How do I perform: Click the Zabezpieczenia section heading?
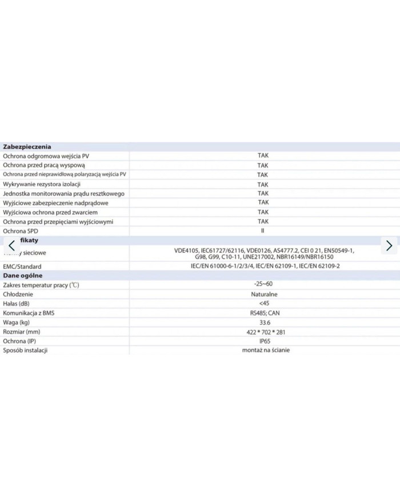point(27,146)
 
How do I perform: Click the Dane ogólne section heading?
point(22,276)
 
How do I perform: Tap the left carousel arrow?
point(11,245)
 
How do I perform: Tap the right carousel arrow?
point(389,245)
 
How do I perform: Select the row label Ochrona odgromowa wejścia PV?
point(46,156)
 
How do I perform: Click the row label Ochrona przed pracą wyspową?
point(44,165)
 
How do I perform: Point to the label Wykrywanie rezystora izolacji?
point(42,184)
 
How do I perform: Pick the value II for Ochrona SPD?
point(263,230)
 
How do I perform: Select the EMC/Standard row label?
point(22,267)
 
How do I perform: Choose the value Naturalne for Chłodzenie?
point(263,294)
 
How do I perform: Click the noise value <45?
point(263,303)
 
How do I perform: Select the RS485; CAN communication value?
point(263,313)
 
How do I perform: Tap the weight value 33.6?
point(263,322)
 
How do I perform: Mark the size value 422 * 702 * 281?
point(263,332)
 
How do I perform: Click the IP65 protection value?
point(263,341)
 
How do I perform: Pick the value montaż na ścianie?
point(263,350)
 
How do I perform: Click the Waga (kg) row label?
point(17,322)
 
